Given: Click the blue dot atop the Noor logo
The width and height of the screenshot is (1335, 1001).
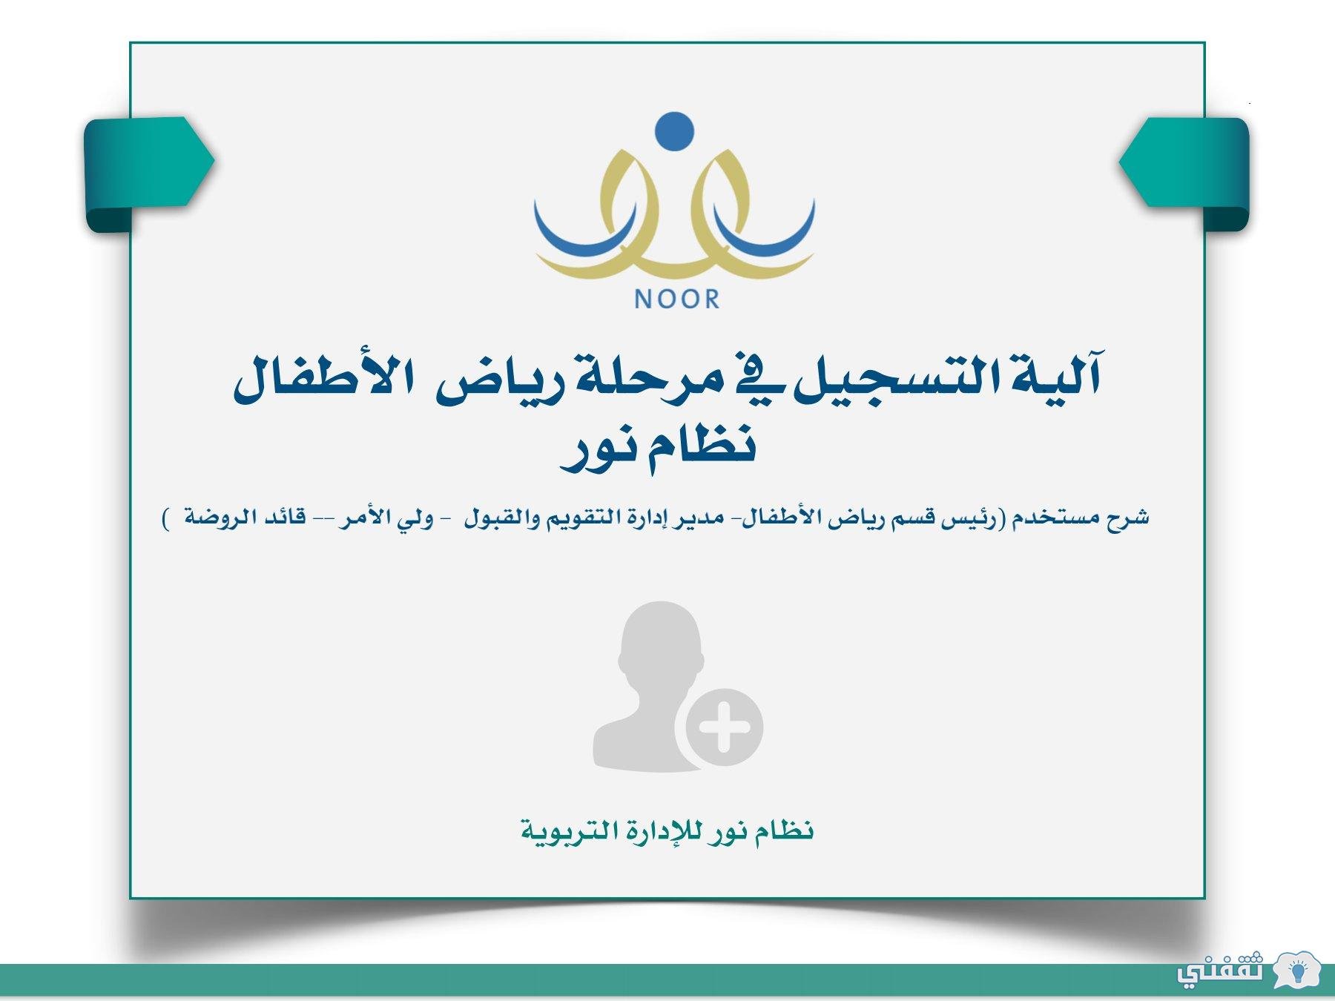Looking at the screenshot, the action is [675, 131].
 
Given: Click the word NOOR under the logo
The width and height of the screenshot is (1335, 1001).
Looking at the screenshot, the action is [677, 300].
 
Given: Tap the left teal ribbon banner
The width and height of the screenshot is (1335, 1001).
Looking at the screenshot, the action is [149, 174].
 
